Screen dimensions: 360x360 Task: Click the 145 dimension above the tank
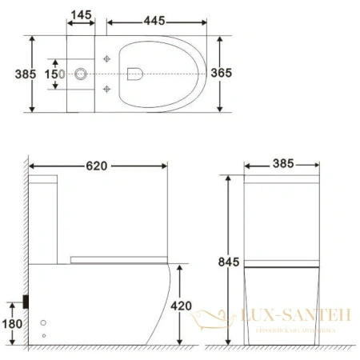81,15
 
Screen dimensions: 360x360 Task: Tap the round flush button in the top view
80,74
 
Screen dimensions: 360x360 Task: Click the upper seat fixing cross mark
107,58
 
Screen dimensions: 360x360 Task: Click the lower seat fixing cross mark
107,89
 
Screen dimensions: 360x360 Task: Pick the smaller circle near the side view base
43,334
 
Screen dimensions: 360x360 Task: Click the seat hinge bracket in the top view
132,74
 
